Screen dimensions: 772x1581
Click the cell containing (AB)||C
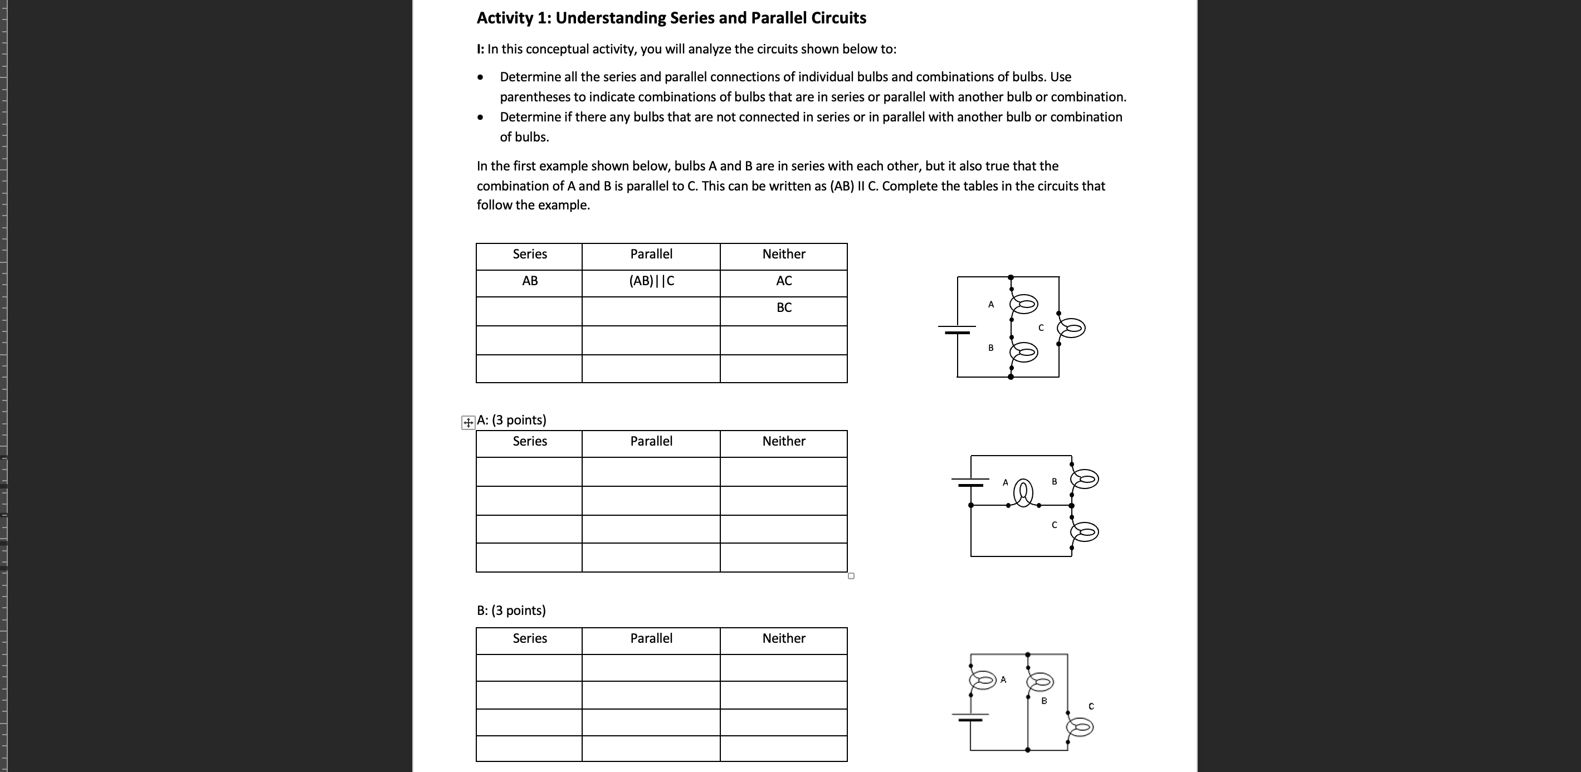pyautogui.click(x=651, y=281)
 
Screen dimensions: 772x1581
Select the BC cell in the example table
pyautogui.click(x=784, y=308)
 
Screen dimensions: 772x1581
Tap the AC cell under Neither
pyautogui.click(x=784, y=281)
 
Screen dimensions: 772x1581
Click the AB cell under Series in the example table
pyautogui.click(x=530, y=281)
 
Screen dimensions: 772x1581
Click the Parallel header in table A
pyautogui.click(x=651, y=441)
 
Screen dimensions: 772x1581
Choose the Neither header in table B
pyautogui.click(x=784, y=638)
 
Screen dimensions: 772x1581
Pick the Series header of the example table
pyautogui.click(x=530, y=254)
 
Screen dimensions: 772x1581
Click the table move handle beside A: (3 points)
pyautogui.click(x=468, y=422)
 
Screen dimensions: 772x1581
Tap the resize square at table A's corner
pyautogui.click(x=851, y=575)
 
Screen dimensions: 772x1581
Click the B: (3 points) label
pyautogui.click(x=511, y=610)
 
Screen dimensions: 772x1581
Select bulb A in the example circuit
pyautogui.click(x=1024, y=304)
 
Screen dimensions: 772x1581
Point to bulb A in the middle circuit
pyautogui.click(x=1023, y=492)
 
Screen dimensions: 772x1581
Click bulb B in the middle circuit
pyautogui.click(x=1085, y=478)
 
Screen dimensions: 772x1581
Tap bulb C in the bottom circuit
pyautogui.click(x=1080, y=728)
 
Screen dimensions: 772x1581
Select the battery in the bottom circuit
pyautogui.click(x=970, y=717)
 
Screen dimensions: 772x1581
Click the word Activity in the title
pyautogui.click(x=505, y=18)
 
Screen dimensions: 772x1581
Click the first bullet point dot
pyautogui.click(x=481, y=77)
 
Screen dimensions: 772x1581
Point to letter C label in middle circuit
pyautogui.click(x=1055, y=525)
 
